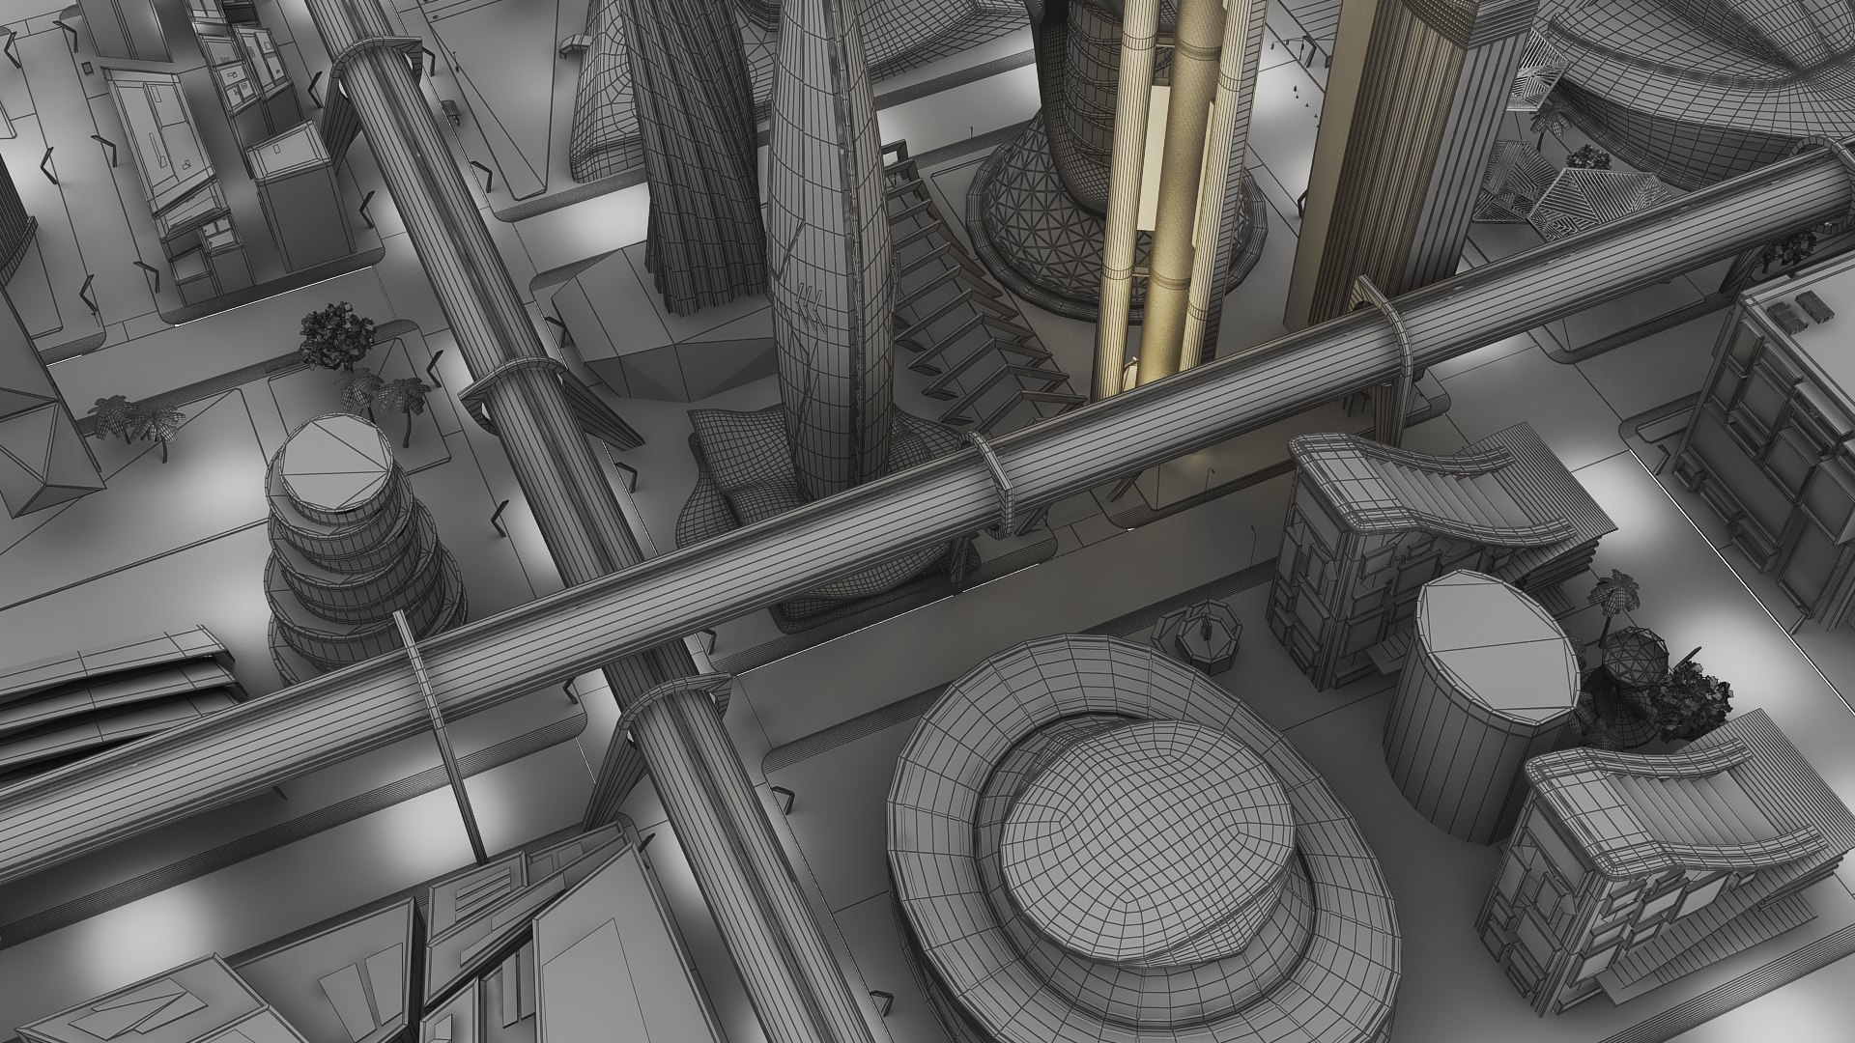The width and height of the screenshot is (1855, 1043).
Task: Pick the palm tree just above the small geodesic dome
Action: [1615, 591]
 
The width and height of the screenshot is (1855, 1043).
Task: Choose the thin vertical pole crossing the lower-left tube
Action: [440, 734]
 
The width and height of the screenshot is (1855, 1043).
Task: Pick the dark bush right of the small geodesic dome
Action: [1691, 691]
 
